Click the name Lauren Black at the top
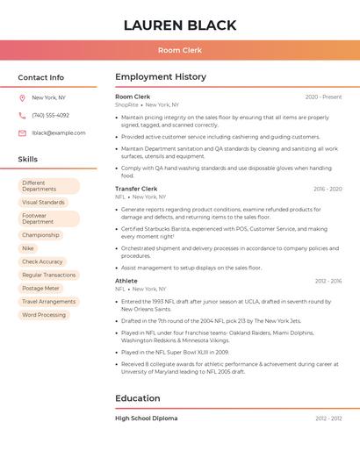point(179,25)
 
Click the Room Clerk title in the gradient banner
point(180,50)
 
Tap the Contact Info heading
point(40,77)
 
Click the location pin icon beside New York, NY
point(23,98)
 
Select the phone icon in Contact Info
point(23,116)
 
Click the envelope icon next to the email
point(23,133)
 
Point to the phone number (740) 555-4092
point(50,116)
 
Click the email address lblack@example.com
point(59,133)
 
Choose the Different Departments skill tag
point(48,186)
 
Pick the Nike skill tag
point(28,248)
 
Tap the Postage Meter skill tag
point(40,288)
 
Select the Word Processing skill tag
point(44,315)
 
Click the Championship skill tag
point(40,235)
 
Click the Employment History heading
point(161,77)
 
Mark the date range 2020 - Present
point(323,97)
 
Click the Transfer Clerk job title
point(136,189)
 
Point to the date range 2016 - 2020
point(328,190)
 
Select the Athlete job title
point(126,281)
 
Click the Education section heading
point(138,398)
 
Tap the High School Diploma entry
point(146,418)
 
